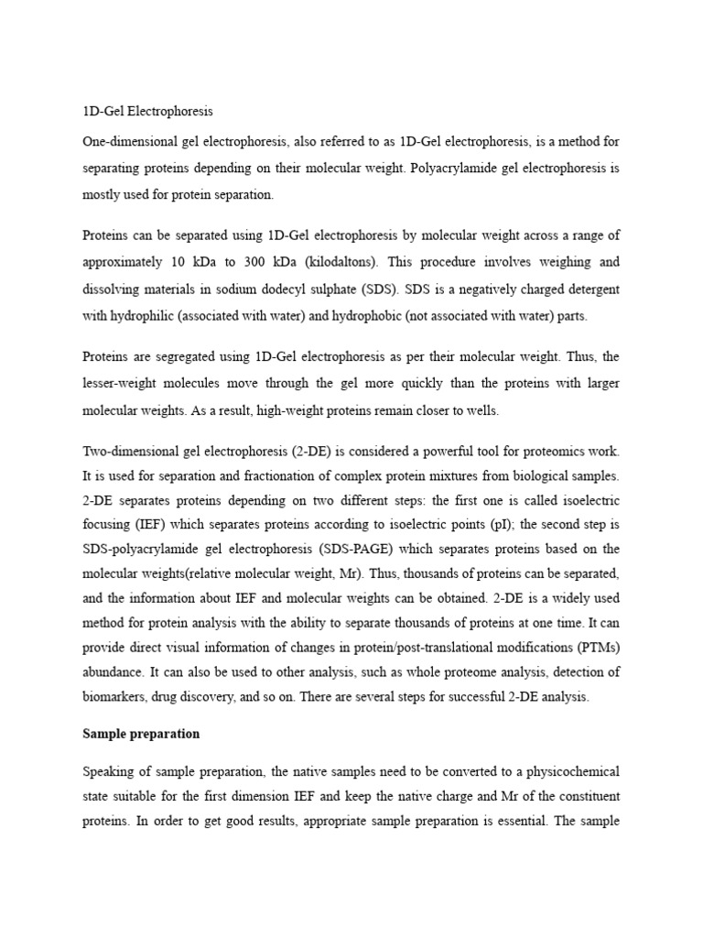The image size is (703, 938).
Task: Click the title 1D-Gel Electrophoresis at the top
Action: [147, 112]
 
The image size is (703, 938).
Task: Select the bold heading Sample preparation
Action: [141, 734]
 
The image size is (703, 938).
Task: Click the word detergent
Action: [586, 289]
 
